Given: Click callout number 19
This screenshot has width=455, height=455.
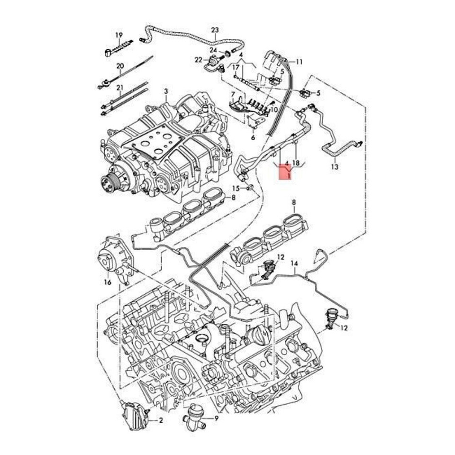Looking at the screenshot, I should tap(118, 35).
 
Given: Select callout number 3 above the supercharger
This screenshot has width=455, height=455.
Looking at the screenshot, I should tap(166, 91).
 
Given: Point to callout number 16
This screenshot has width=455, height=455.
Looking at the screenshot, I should tap(108, 282).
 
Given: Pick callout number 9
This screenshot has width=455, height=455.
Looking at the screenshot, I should tap(216, 419).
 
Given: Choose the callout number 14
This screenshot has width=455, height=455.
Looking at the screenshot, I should tap(294, 263).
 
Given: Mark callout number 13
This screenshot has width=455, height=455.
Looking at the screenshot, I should tap(335, 167).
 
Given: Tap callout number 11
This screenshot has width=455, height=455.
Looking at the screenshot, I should tap(299, 62).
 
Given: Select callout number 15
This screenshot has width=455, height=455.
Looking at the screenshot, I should tap(236, 188).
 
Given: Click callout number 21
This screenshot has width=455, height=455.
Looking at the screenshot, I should tap(119, 88).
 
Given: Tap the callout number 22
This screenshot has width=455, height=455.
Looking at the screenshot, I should tap(198, 60).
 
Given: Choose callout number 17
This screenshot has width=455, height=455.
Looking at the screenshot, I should tap(236, 67).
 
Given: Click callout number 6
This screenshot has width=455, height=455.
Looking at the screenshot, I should tap(253, 137).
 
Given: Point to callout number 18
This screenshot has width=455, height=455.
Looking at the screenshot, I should tap(296, 163).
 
